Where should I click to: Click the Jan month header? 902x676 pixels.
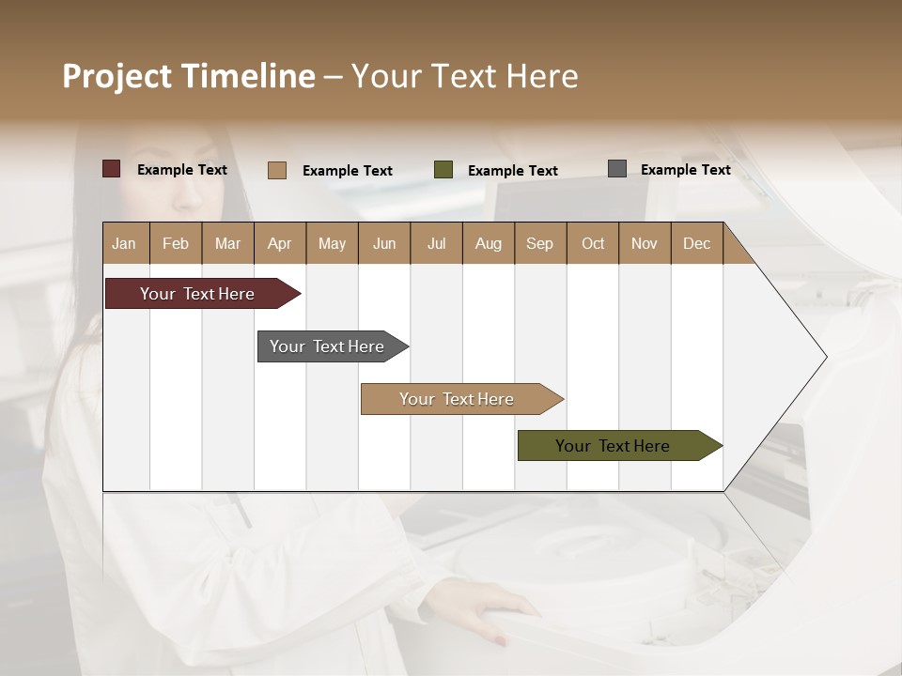(x=125, y=243)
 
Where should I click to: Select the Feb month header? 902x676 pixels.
(x=176, y=243)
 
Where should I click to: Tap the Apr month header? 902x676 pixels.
(x=280, y=243)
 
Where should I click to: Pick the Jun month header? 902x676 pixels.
(x=384, y=243)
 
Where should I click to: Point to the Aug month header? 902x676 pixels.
(x=489, y=243)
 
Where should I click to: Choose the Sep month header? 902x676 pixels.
(x=540, y=243)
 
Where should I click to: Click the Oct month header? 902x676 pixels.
(x=593, y=243)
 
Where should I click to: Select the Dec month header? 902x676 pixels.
(x=697, y=243)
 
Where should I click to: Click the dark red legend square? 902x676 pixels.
(x=111, y=169)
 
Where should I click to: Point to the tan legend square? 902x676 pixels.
(x=276, y=170)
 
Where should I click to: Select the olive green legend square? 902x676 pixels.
(x=443, y=170)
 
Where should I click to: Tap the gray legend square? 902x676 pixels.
(x=617, y=169)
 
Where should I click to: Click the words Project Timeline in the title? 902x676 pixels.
(x=189, y=76)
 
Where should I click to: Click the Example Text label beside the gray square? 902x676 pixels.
(x=685, y=170)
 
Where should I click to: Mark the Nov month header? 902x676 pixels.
(x=645, y=243)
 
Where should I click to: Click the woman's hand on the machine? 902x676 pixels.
(x=503, y=615)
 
